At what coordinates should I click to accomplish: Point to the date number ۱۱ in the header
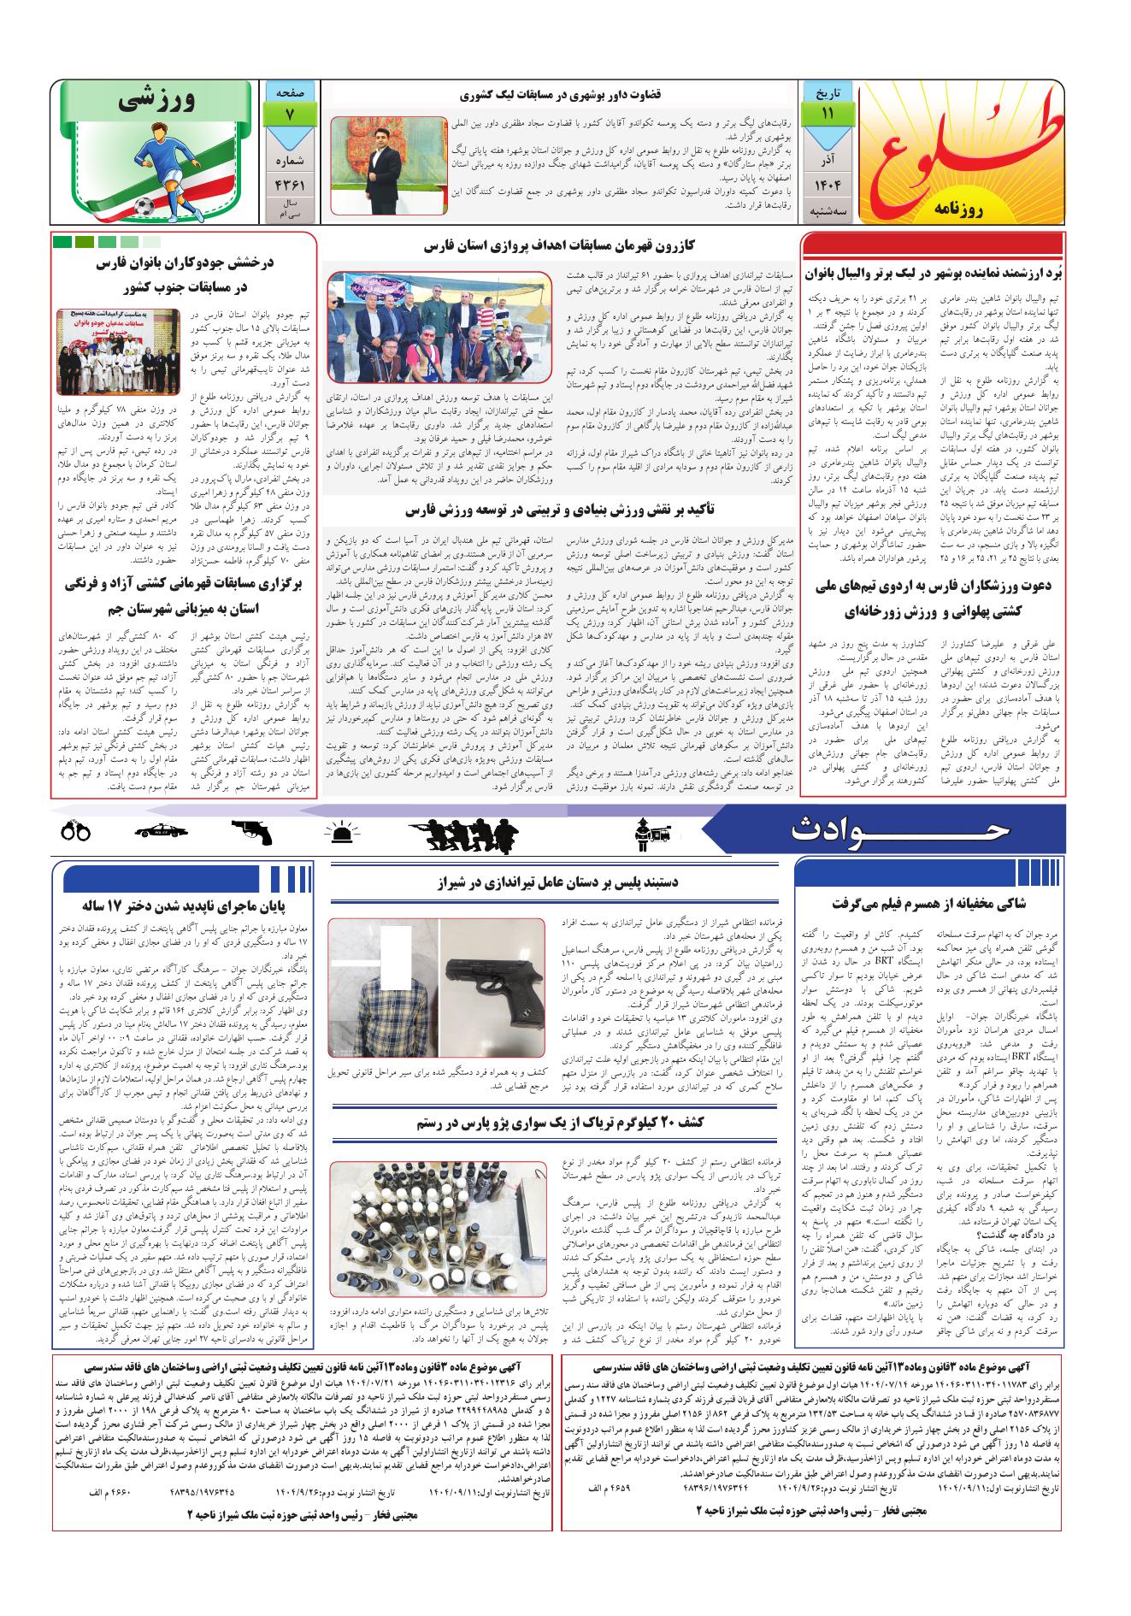click(827, 113)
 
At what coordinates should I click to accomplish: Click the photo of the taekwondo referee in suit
click(387, 165)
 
